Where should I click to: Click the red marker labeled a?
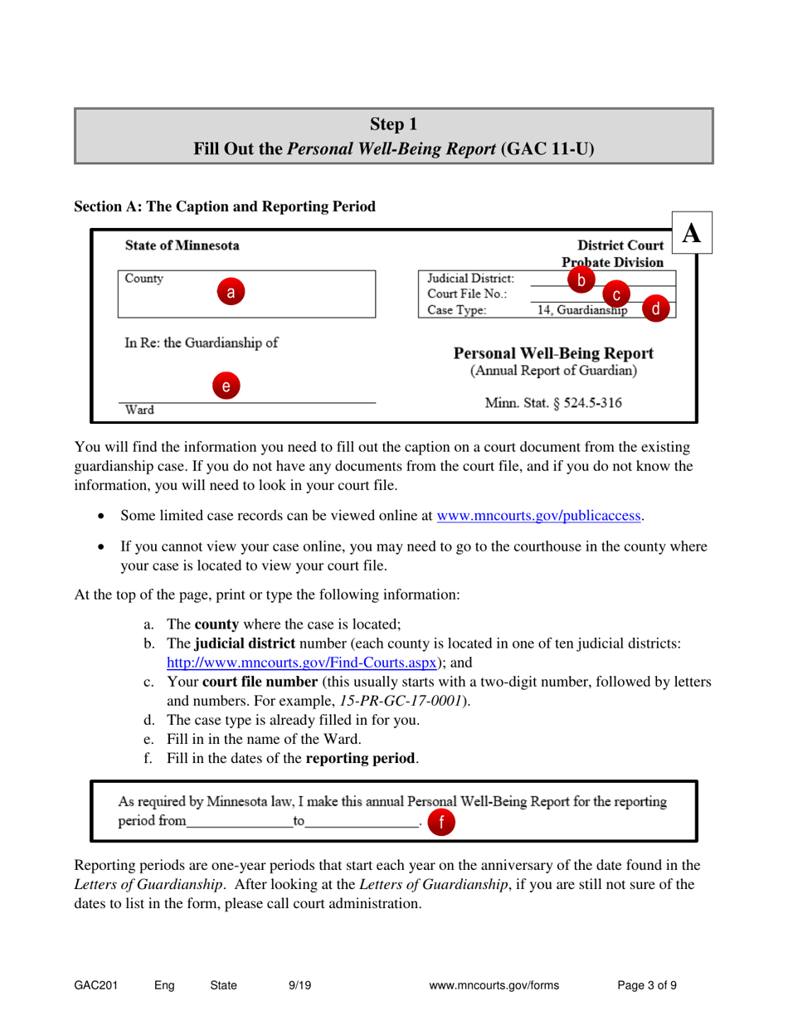[231, 291]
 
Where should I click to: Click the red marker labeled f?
[441, 822]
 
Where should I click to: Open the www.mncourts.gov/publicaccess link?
[539, 515]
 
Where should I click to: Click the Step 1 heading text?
[393, 124]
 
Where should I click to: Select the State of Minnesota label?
[182, 245]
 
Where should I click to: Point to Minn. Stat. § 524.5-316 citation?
[554, 404]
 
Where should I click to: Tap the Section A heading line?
[225, 205]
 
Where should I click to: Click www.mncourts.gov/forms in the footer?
[495, 986]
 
